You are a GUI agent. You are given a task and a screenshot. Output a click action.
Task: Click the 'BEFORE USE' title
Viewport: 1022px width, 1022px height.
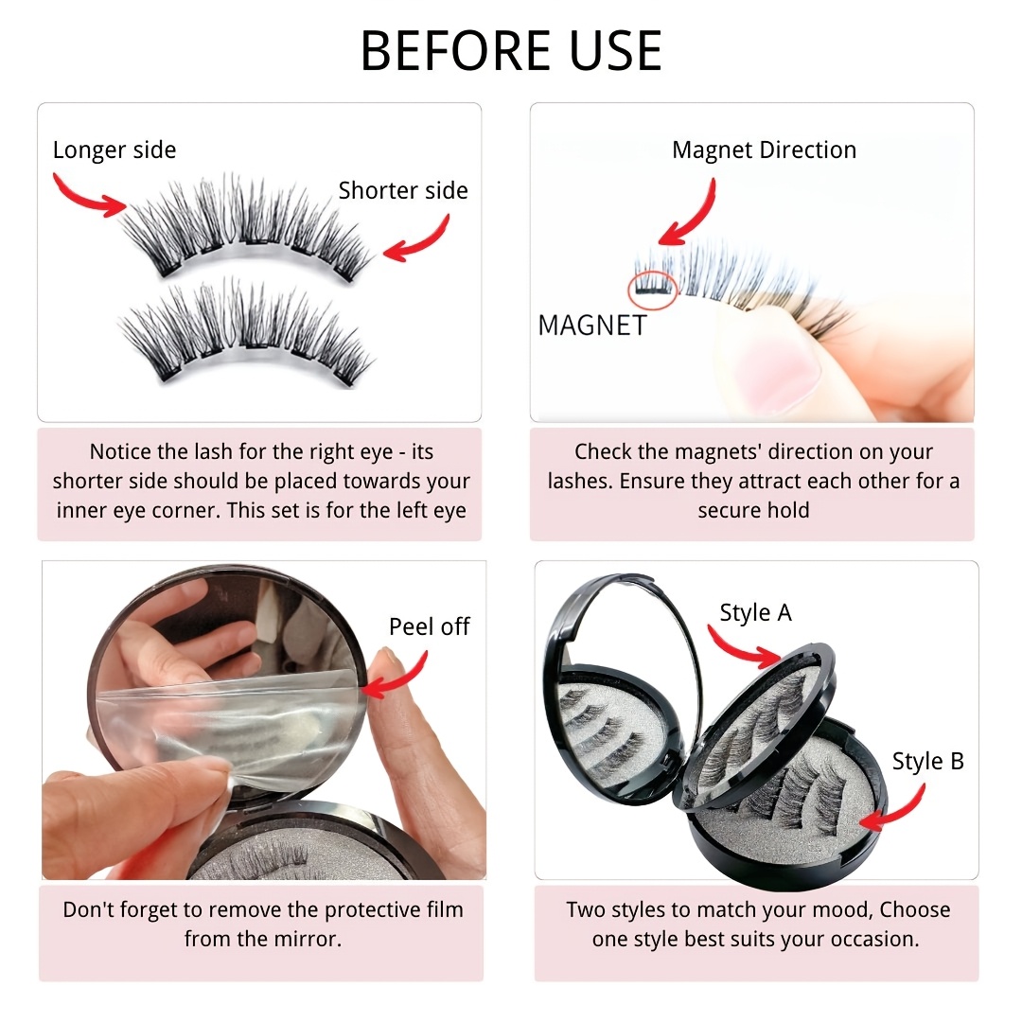point(512,50)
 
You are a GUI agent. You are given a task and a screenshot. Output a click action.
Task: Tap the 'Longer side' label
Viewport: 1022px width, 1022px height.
point(115,150)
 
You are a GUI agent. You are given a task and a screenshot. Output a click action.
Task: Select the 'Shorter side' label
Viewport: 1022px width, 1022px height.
point(403,190)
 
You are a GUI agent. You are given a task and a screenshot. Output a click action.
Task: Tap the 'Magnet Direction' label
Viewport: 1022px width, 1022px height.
point(764,150)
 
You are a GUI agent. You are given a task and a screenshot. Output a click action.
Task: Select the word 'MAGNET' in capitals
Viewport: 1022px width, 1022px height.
point(591,326)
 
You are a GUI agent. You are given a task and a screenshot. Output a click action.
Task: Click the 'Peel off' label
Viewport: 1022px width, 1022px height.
point(429,626)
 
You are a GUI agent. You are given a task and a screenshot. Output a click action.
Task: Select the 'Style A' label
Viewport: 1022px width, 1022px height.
point(755,612)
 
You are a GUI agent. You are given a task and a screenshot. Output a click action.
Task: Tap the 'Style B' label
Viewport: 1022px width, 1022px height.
point(927,761)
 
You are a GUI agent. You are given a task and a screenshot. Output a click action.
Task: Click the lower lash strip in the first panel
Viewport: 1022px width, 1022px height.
point(246,332)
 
